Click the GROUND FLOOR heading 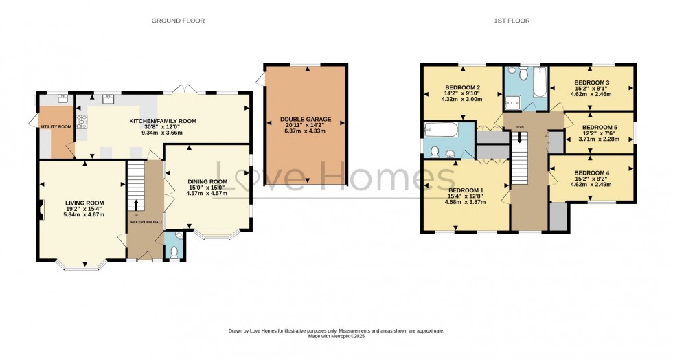coord(178,21)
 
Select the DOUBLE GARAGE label coord(305,119)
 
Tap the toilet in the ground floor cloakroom coord(173,252)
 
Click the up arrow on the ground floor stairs coord(135,204)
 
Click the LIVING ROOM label coord(84,203)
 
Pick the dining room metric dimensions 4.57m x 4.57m coord(207,193)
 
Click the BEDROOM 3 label coord(592,82)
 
